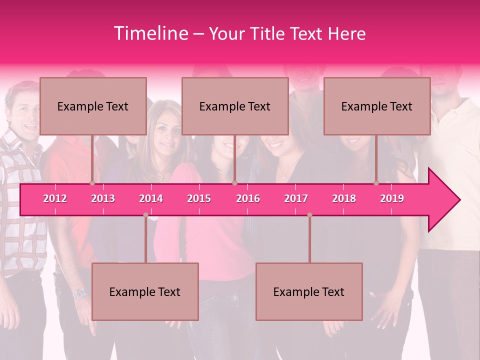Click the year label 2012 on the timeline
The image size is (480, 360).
pos(55,198)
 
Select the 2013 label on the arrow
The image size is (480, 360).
pos(103,198)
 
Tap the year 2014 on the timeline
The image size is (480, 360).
pos(151,198)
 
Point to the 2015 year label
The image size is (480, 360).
pos(199,198)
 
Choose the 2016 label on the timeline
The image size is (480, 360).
pos(248,198)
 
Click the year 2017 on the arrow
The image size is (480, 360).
pos(296,198)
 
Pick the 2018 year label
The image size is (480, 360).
pos(344,198)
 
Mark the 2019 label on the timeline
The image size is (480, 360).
pos(392,198)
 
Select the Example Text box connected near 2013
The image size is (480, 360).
pos(93,106)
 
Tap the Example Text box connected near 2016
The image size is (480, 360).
pos(235,106)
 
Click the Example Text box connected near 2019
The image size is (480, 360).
pos(377,106)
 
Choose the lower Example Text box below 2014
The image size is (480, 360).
pos(145,291)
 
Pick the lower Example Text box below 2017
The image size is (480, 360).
pos(309,291)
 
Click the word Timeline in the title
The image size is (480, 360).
pos(150,33)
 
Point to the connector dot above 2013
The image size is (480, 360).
pos(92,183)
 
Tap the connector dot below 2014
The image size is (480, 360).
pos(145,215)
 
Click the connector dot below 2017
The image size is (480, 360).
pos(309,215)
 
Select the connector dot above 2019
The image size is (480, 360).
pos(376,183)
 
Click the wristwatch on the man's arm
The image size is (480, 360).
pos(80,293)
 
